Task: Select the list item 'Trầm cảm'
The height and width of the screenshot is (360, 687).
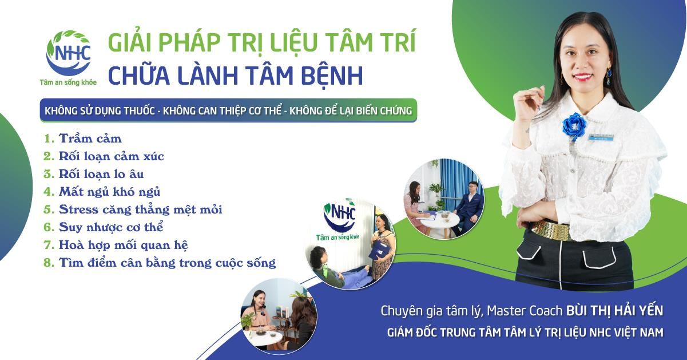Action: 90,139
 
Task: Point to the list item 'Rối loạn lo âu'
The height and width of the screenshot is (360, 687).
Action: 101,174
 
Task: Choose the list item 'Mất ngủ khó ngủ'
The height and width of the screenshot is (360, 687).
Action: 109,192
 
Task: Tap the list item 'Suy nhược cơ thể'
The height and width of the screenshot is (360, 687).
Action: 111,227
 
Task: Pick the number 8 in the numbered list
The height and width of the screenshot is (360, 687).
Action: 49,263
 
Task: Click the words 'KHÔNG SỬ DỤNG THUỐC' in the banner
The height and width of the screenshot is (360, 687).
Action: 100,110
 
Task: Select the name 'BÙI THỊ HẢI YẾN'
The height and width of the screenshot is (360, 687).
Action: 614,311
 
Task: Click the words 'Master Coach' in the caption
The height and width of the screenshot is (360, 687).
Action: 525,311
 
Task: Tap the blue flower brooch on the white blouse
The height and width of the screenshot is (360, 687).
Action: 574,126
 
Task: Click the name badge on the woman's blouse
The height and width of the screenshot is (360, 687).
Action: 603,137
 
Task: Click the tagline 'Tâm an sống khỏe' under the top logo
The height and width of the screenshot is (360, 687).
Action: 68,82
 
